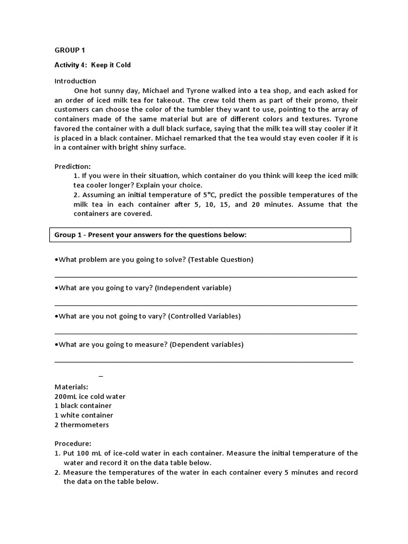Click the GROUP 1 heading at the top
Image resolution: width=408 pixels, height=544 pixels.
pyautogui.click(x=70, y=50)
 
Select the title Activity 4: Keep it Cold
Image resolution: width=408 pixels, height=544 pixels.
pyautogui.click(x=92, y=65)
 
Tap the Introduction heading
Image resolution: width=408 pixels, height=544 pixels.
pyautogui.click(x=75, y=81)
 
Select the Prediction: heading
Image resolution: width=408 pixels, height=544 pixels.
pyautogui.click(x=73, y=166)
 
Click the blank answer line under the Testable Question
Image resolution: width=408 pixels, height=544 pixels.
pyautogui.click(x=206, y=276)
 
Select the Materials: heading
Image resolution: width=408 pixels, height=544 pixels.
pyautogui.click(x=71, y=387)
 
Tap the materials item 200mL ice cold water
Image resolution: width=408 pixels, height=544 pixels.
pyautogui.click(x=90, y=396)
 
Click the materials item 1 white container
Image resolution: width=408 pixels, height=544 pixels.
pyautogui.click(x=83, y=415)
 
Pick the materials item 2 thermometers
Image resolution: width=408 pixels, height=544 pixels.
pyautogui.click(x=81, y=425)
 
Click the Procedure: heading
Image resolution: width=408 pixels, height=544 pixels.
pyautogui.click(x=73, y=444)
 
